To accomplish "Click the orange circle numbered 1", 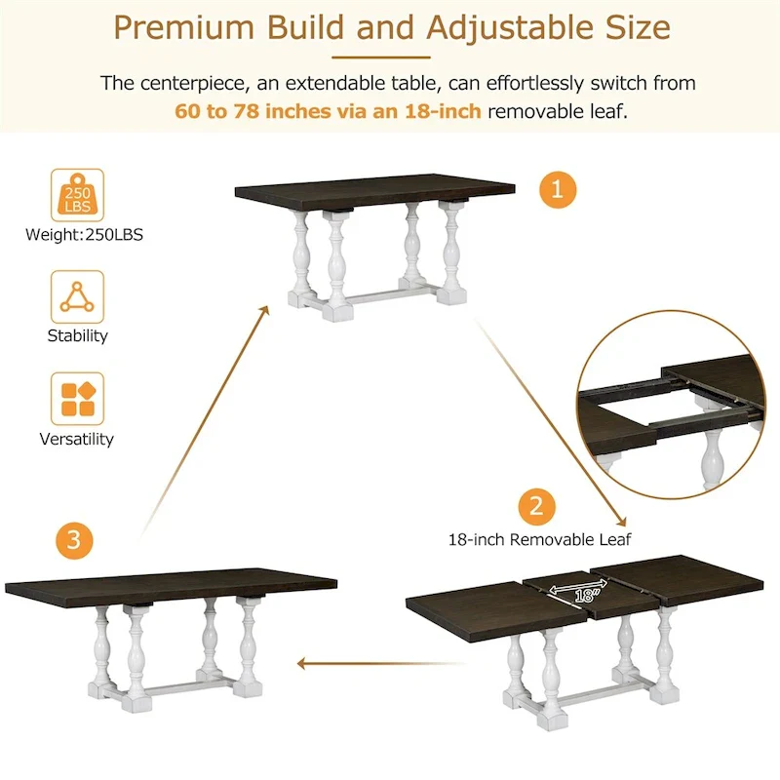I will pyautogui.click(x=558, y=188).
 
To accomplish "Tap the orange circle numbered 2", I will pyautogui.click(x=536, y=506).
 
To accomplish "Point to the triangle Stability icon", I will pyautogui.click(x=76, y=296).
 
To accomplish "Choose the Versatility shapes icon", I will pyautogui.click(x=76, y=399).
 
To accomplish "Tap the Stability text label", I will pyautogui.click(x=77, y=335).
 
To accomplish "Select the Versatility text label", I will pyautogui.click(x=76, y=439).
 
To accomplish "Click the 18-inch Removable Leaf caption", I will pyautogui.click(x=539, y=538).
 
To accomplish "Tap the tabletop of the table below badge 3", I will pyautogui.click(x=171, y=583).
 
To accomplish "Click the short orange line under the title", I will pyautogui.click(x=389, y=58).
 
